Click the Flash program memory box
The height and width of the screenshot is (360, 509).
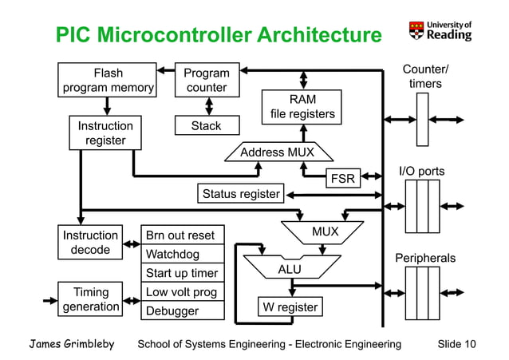point(108,81)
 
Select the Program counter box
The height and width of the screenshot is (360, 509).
point(207,81)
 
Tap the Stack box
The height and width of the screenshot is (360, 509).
point(207,126)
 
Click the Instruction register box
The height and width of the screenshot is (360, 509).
point(105,133)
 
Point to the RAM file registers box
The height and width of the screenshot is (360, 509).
point(302,108)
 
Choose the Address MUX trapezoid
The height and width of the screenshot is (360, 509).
point(278,152)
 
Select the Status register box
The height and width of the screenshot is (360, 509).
point(240,194)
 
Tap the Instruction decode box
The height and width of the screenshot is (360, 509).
point(91,243)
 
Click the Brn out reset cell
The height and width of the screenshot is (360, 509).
point(181,235)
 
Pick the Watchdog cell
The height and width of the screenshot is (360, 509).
point(181,255)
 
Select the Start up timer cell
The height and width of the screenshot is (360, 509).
point(181,274)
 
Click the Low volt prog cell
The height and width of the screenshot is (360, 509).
point(181,292)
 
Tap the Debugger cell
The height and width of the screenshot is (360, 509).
point(181,311)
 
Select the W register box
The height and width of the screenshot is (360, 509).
point(290,307)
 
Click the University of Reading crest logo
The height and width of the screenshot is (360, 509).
point(416,30)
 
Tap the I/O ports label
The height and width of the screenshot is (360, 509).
point(421,171)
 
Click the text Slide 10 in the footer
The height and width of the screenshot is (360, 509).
point(457,344)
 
